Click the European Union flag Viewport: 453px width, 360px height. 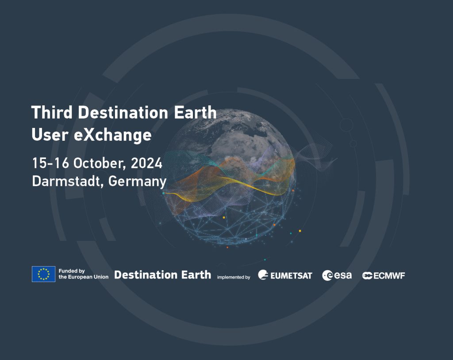pos(43,274)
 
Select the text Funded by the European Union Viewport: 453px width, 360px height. pos(83,274)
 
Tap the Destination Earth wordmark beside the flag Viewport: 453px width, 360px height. pos(162,275)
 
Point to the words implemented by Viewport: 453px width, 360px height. pos(233,277)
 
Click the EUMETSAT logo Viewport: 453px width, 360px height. pos(285,275)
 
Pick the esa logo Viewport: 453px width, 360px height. pos(337,275)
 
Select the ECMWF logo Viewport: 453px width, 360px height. pos(384,275)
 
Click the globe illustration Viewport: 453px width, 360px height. pos(230,177)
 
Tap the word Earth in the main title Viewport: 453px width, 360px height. pos(193,112)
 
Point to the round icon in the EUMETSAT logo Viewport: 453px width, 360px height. pos(263,275)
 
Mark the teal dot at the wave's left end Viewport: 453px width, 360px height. pos(163,194)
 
